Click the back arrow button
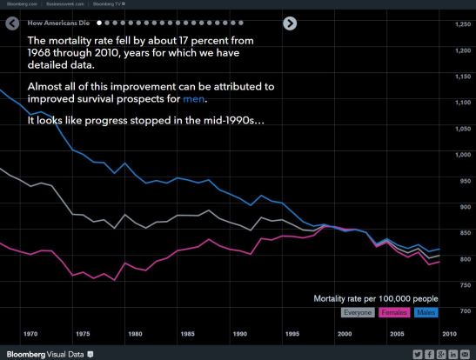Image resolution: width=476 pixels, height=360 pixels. coord(12,23)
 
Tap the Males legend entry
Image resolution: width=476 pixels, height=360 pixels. coord(426,311)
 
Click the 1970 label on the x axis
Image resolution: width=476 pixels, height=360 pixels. coord(30,333)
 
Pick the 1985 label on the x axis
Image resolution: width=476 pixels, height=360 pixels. coord(187,333)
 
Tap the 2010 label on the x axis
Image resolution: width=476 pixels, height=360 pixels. coord(449,333)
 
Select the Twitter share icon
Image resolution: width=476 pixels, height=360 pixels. coord(418,353)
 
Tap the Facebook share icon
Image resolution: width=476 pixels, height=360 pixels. coord(430,353)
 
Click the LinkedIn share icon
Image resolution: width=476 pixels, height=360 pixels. coord(454,353)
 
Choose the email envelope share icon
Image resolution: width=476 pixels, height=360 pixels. coord(466,353)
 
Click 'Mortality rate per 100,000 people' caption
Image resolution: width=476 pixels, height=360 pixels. coord(376,297)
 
